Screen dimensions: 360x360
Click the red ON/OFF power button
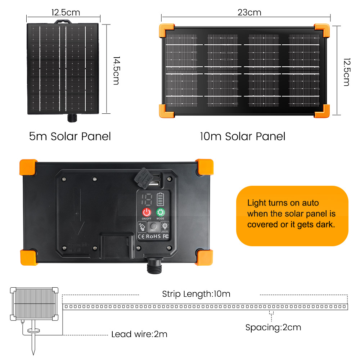[147, 212]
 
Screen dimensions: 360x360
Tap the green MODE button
[160, 212]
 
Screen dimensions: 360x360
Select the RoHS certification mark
[153, 237]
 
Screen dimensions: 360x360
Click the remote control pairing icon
[142, 226]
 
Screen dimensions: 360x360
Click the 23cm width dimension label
[249, 12]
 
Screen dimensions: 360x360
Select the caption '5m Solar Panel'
[70, 136]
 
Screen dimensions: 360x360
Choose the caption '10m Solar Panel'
[243, 136]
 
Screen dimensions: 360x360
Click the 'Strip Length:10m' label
[196, 294]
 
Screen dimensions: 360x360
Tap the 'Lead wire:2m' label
[139, 334]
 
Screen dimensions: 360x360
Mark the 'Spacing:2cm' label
[273, 327]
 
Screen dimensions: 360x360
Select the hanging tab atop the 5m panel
[63, 22]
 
